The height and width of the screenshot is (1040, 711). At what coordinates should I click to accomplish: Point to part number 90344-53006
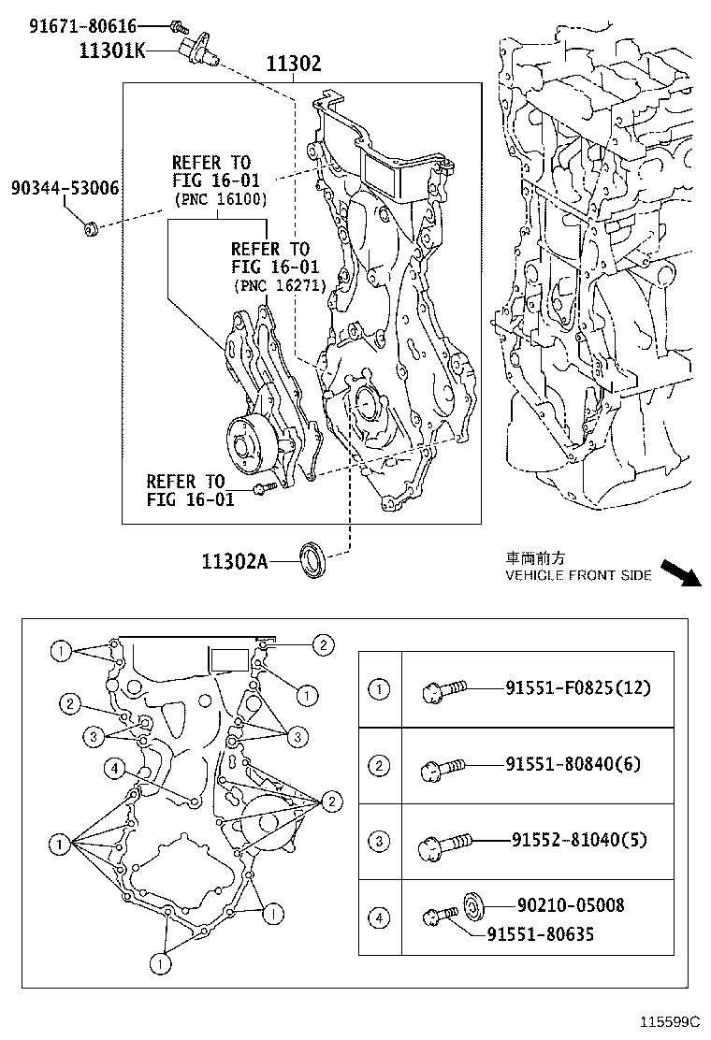65,188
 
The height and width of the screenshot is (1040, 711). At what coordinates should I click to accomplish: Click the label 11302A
234,561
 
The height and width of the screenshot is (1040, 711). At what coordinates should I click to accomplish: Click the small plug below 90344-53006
92,226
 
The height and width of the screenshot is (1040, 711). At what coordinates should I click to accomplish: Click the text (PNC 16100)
220,200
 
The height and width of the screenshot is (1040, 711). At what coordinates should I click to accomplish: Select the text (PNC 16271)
280,286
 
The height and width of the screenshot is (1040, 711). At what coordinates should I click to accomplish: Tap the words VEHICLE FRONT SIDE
578,575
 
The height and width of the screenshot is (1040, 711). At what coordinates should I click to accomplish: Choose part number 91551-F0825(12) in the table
577,688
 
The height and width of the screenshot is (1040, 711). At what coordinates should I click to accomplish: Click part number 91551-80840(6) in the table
573,764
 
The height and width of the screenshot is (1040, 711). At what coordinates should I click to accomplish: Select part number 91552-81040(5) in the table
579,841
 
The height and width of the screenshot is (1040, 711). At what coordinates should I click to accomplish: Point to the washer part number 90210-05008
571,904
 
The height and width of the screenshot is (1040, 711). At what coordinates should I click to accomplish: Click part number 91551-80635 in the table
540,932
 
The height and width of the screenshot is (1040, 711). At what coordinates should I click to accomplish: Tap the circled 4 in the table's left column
379,918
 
